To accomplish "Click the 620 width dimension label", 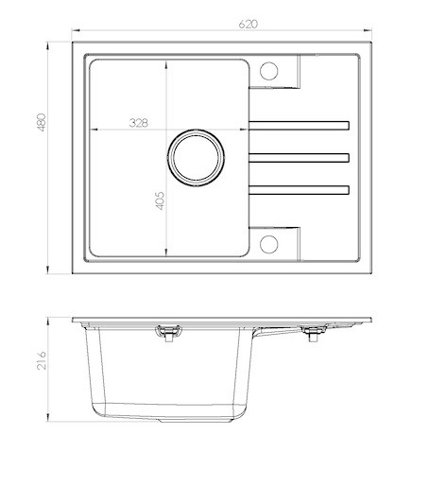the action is click(x=249, y=24).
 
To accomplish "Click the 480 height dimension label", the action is click(x=42, y=122).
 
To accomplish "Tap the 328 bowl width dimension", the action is click(x=139, y=123).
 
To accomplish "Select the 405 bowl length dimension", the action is click(x=160, y=200).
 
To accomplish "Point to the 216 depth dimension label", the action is click(x=42, y=360).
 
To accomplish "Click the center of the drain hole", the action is click(x=196, y=158).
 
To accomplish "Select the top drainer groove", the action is click(x=299, y=126).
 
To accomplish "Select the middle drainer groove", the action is click(x=299, y=158).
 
